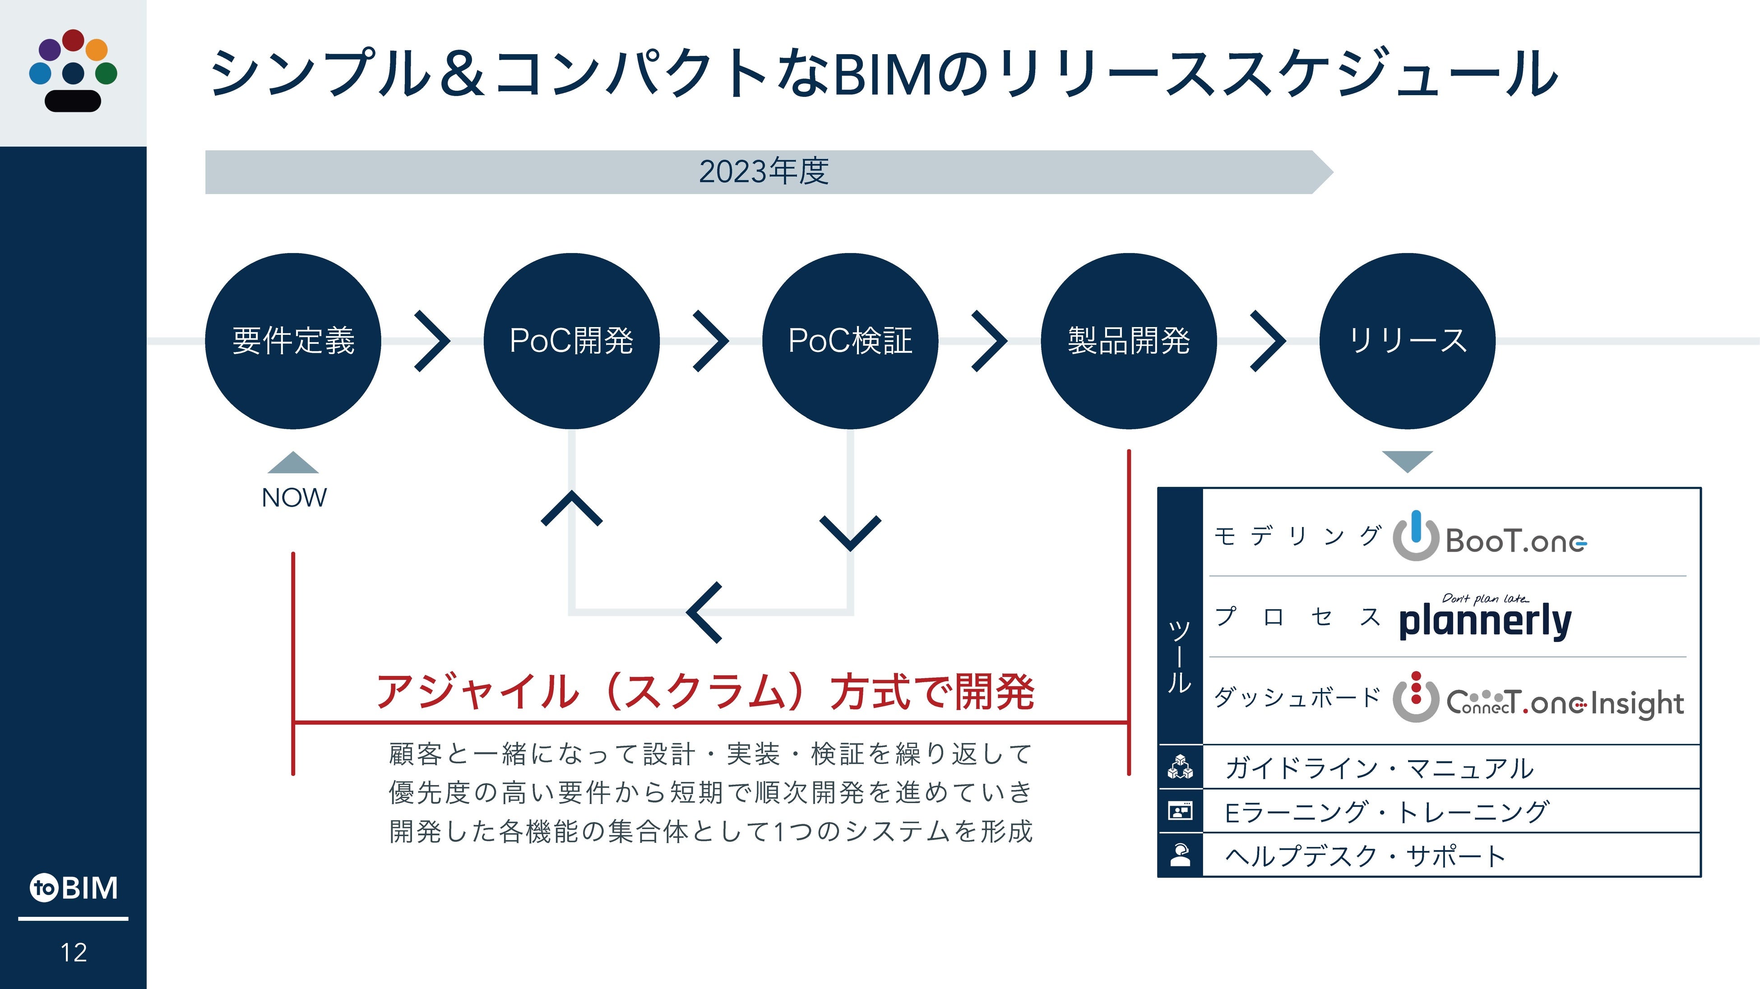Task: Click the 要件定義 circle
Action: click(x=293, y=341)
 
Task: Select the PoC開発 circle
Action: click(x=571, y=341)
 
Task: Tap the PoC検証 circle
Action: click(x=850, y=341)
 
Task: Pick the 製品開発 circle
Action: click(x=1129, y=341)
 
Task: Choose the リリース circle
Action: click(x=1408, y=341)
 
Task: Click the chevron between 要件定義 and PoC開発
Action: click(x=432, y=341)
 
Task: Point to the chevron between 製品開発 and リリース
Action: click(x=1268, y=341)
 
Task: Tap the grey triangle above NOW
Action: click(x=293, y=463)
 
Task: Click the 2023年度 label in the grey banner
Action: click(x=764, y=171)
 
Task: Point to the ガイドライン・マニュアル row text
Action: click(x=1379, y=768)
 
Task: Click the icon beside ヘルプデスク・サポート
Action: click(x=1180, y=855)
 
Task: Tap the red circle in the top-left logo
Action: click(x=73, y=40)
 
